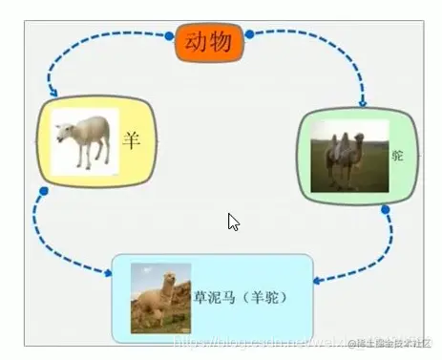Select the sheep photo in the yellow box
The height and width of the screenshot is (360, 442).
tap(85, 141)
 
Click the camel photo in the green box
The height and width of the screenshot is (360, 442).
tap(349, 157)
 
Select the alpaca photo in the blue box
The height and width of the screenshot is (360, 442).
tap(159, 298)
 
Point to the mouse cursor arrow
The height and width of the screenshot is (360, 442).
tap(232, 222)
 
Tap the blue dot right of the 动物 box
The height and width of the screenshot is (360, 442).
tap(249, 34)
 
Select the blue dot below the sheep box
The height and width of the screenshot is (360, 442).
tap(44, 191)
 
